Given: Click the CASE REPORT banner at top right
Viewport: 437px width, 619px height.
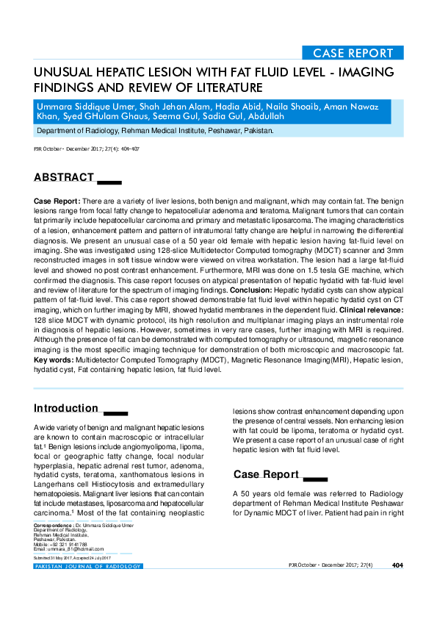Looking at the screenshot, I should tap(353, 53).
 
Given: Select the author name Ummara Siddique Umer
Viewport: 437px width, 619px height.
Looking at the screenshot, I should tap(88, 106).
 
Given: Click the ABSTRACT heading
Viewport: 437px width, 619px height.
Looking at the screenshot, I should tap(63, 177).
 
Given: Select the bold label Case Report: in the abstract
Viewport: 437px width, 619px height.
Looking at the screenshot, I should tap(57, 201).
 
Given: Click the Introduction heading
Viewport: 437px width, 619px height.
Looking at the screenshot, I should tap(66, 408).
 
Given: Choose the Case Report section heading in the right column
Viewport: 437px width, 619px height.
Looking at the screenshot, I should tap(267, 474).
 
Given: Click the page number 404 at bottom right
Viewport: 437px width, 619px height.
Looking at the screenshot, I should tap(397, 565).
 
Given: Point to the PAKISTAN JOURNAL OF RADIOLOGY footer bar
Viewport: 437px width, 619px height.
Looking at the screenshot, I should tap(88, 566).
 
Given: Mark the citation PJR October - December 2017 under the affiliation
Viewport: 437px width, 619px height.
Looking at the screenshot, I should tap(87, 149).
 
